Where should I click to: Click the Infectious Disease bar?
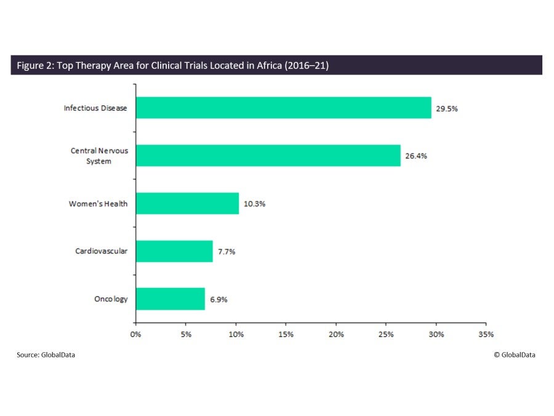283,108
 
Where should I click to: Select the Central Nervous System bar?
268,156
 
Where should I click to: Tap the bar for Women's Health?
187,204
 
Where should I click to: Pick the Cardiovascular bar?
174,251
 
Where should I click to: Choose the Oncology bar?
170,299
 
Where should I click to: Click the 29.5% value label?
448,108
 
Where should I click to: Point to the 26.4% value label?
416,156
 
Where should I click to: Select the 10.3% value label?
255,204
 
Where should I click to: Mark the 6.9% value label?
220,299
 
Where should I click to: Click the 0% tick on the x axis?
135,334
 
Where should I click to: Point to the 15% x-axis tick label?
286,334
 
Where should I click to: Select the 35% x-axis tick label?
486,334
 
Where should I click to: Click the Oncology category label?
111,299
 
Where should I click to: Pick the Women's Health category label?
98,204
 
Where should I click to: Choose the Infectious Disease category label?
95,108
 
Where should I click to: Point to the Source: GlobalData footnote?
46,354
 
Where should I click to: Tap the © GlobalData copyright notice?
514,354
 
